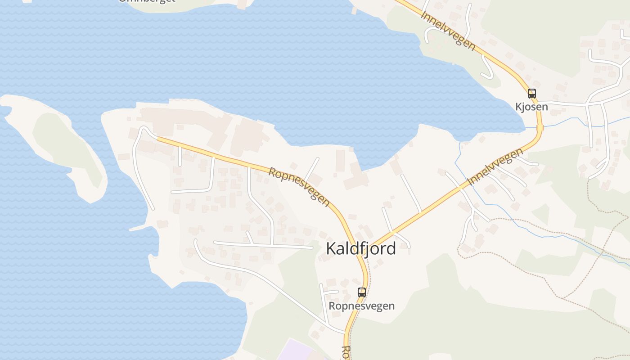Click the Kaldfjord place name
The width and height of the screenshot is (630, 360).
(361, 248)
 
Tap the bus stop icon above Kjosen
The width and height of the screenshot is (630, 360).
(532, 94)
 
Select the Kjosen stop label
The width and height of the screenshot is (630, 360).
(531, 107)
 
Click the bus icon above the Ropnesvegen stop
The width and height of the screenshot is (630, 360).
(361, 292)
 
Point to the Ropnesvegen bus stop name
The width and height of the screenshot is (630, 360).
(361, 306)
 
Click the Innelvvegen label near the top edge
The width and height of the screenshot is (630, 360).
(448, 30)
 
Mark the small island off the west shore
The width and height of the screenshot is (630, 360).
(54, 144)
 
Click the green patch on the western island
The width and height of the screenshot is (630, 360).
(67, 144)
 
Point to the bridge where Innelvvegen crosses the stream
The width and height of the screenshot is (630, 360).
(540, 128)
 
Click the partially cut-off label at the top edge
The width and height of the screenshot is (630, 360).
(146, 1)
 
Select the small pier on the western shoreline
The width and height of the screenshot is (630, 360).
(137, 229)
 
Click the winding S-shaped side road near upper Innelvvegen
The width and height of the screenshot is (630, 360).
(486, 67)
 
